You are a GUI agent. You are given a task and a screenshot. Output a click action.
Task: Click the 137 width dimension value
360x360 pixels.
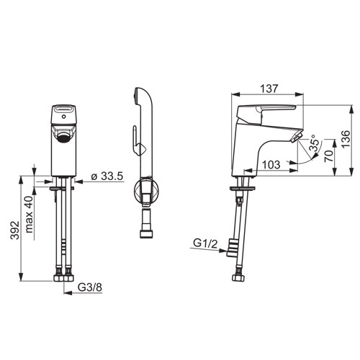coord(269,89)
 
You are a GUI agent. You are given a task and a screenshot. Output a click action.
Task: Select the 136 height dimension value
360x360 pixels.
coord(346,139)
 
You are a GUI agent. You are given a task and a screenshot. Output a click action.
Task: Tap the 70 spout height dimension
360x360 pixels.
coord(329,156)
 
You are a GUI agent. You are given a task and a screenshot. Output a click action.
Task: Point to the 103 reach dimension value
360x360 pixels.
coord(271,165)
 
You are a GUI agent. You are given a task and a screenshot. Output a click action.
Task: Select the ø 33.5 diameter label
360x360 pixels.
coord(107,176)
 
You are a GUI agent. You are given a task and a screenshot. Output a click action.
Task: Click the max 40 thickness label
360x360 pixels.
coord(29,215)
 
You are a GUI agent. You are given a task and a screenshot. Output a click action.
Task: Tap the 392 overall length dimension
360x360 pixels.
coord(15,230)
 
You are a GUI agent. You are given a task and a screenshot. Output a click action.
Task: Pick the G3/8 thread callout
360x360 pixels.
coord(90,287)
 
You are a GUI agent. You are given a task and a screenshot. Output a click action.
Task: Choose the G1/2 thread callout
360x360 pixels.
coord(205,244)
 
